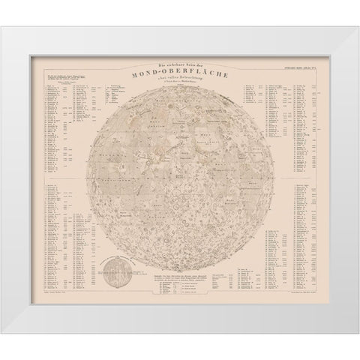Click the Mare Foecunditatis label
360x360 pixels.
pos(240,169)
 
